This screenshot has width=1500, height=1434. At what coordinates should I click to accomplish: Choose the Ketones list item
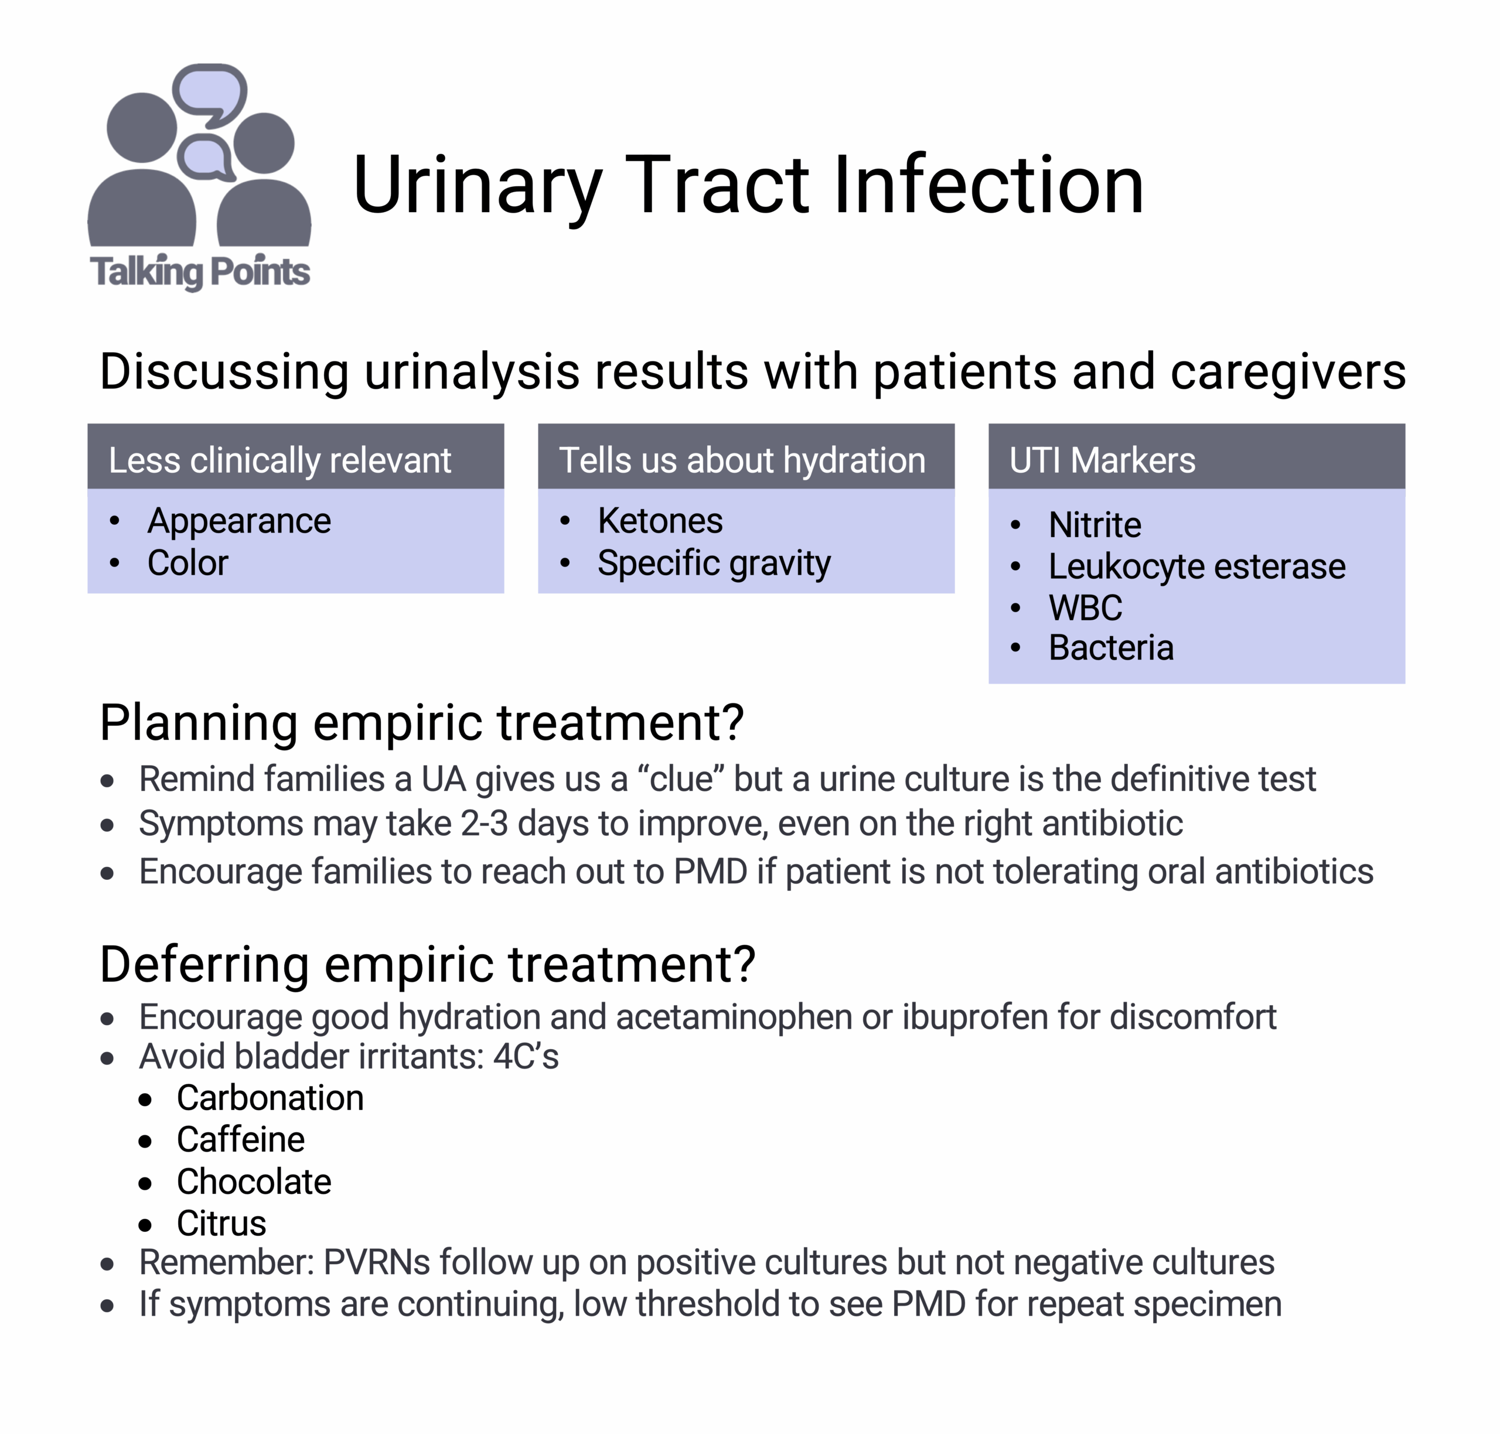[660, 521]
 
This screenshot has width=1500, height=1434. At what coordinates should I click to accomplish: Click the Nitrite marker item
[1094, 525]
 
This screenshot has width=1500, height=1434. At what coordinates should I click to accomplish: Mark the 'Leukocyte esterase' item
[1196, 567]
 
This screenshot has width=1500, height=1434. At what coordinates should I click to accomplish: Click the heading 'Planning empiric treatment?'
[421, 723]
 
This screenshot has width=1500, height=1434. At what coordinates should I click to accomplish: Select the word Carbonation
[270, 1098]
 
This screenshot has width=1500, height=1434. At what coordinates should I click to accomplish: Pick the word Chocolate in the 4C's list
[254, 1182]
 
